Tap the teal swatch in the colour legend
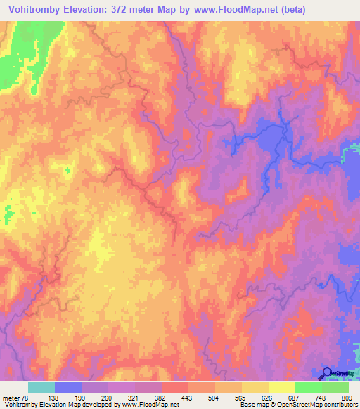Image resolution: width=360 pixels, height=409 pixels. click(x=41, y=387)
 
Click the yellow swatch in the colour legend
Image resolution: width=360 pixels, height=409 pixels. click(x=282, y=387)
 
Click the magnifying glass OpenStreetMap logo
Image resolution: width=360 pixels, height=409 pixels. click(x=327, y=373)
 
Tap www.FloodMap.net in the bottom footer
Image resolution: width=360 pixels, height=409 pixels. click(x=151, y=405)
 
